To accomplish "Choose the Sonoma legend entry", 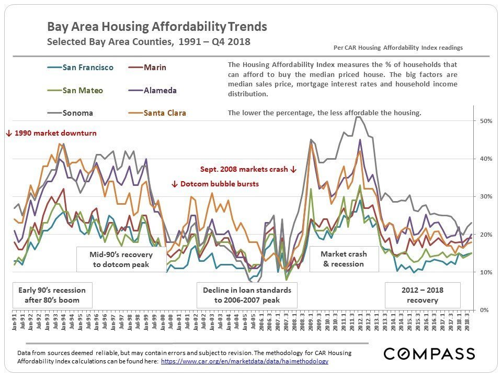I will [x=78, y=113].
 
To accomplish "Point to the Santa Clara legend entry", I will [x=164, y=113].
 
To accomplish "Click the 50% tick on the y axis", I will [x=486, y=121].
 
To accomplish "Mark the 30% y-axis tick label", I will [x=486, y=196].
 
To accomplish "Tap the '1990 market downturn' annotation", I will [x=52, y=134].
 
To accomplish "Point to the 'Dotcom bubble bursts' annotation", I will [x=215, y=184].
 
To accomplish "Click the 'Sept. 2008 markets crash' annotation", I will [x=248, y=170].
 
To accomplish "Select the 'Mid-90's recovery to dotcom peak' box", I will [x=114, y=259].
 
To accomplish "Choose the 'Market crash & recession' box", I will [x=344, y=259].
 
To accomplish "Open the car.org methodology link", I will [x=245, y=361].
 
